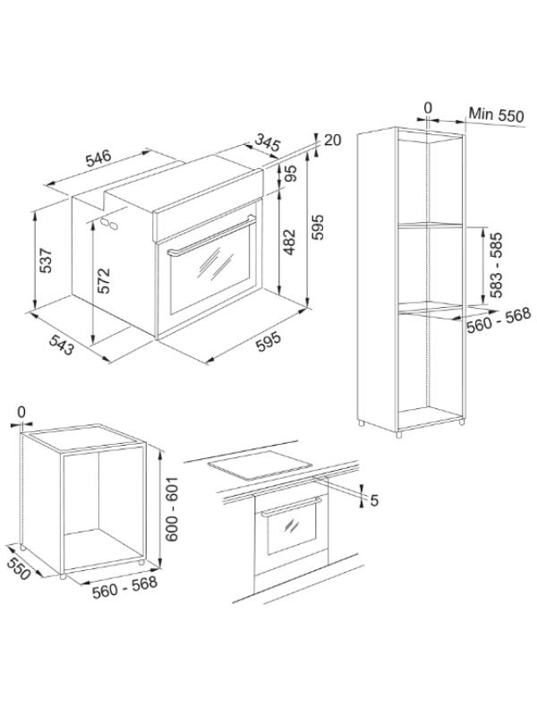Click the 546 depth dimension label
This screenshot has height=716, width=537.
click(98, 158)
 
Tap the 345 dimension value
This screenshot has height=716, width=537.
click(267, 142)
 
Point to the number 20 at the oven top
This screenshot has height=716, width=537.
click(332, 140)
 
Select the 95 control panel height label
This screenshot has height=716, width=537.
click(290, 173)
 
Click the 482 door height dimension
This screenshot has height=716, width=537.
click(289, 242)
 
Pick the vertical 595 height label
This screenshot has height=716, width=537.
click(317, 227)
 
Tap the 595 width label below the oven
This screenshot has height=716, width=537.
click(268, 342)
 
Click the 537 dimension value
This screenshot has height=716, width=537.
click(46, 260)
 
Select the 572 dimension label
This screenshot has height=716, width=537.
click(104, 280)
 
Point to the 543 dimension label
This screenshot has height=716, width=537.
click(61, 345)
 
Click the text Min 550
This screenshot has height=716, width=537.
click(497, 115)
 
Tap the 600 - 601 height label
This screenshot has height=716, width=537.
click(172, 509)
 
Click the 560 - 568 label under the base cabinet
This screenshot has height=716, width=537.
click(124, 587)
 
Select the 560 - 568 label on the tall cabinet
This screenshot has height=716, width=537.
click(499, 320)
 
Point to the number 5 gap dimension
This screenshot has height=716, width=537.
click(374, 500)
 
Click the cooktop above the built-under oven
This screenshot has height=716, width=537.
click(260, 465)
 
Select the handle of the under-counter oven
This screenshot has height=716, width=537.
click(292, 507)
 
